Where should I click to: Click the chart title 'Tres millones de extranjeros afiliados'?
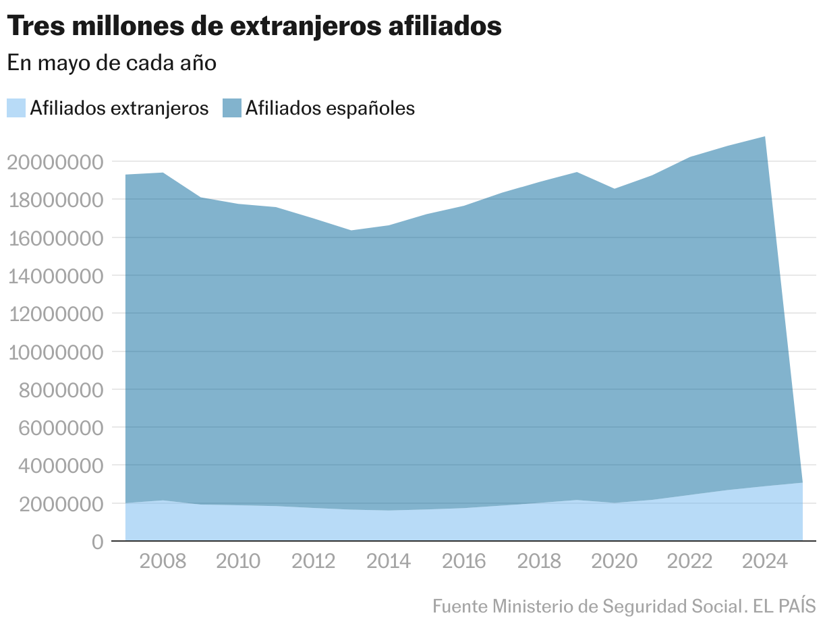[254, 26]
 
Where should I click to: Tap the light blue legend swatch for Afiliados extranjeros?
[16, 108]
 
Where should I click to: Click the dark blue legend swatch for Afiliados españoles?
[232, 108]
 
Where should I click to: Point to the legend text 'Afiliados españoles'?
[330, 108]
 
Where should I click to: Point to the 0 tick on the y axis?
[97, 542]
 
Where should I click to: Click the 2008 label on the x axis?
[163, 561]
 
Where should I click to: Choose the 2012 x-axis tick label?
[313, 561]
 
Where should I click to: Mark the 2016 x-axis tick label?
[463, 561]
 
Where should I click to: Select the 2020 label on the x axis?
[614, 561]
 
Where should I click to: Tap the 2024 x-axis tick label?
[764, 561]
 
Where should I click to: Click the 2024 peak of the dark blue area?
[764, 137]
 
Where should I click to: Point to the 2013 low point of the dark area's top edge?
[351, 231]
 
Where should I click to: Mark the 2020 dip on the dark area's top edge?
[614, 189]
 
